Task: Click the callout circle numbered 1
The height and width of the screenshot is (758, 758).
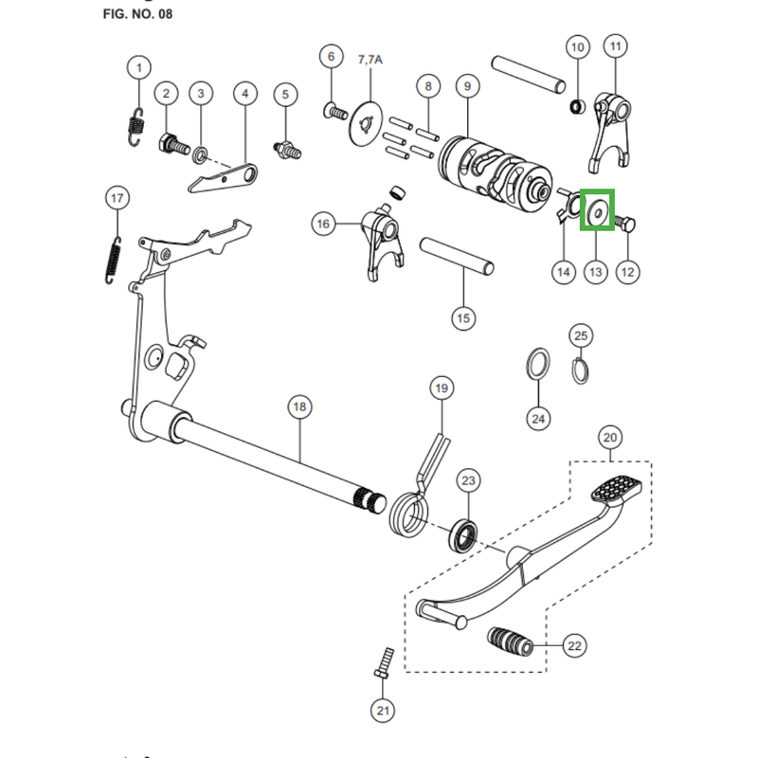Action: click(139, 67)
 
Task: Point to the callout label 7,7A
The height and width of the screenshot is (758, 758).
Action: click(370, 59)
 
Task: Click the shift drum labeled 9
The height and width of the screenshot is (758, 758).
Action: click(493, 168)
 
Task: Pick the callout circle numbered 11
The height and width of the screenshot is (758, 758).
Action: click(616, 45)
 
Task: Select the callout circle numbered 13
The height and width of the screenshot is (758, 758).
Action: click(595, 272)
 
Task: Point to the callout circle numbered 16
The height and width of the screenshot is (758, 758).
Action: click(324, 224)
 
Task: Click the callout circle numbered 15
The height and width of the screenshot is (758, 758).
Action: click(462, 318)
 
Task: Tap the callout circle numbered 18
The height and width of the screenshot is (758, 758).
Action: click(298, 407)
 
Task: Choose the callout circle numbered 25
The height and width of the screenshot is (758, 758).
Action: click(582, 335)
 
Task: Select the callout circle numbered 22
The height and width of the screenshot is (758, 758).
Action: click(574, 646)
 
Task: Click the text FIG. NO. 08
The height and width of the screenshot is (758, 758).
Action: click(137, 14)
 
